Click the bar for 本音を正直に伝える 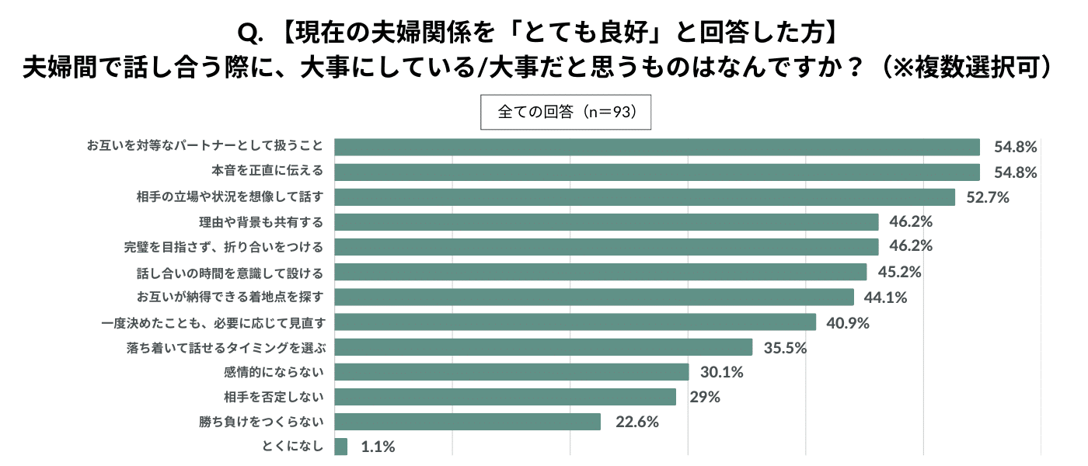(x=657, y=172)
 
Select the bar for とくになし (x=340, y=447)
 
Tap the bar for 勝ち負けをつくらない (x=467, y=422)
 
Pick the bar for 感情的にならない (x=511, y=372)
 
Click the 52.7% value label (x=987, y=197)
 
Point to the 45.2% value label (x=899, y=272)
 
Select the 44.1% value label (x=886, y=297)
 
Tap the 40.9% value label (x=848, y=322)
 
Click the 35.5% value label (x=785, y=347)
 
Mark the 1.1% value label (x=378, y=447)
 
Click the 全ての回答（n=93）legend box (x=565, y=112)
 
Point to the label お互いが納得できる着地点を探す (x=230, y=297)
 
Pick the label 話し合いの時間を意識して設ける (x=230, y=272)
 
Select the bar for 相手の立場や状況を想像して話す (x=644, y=197)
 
